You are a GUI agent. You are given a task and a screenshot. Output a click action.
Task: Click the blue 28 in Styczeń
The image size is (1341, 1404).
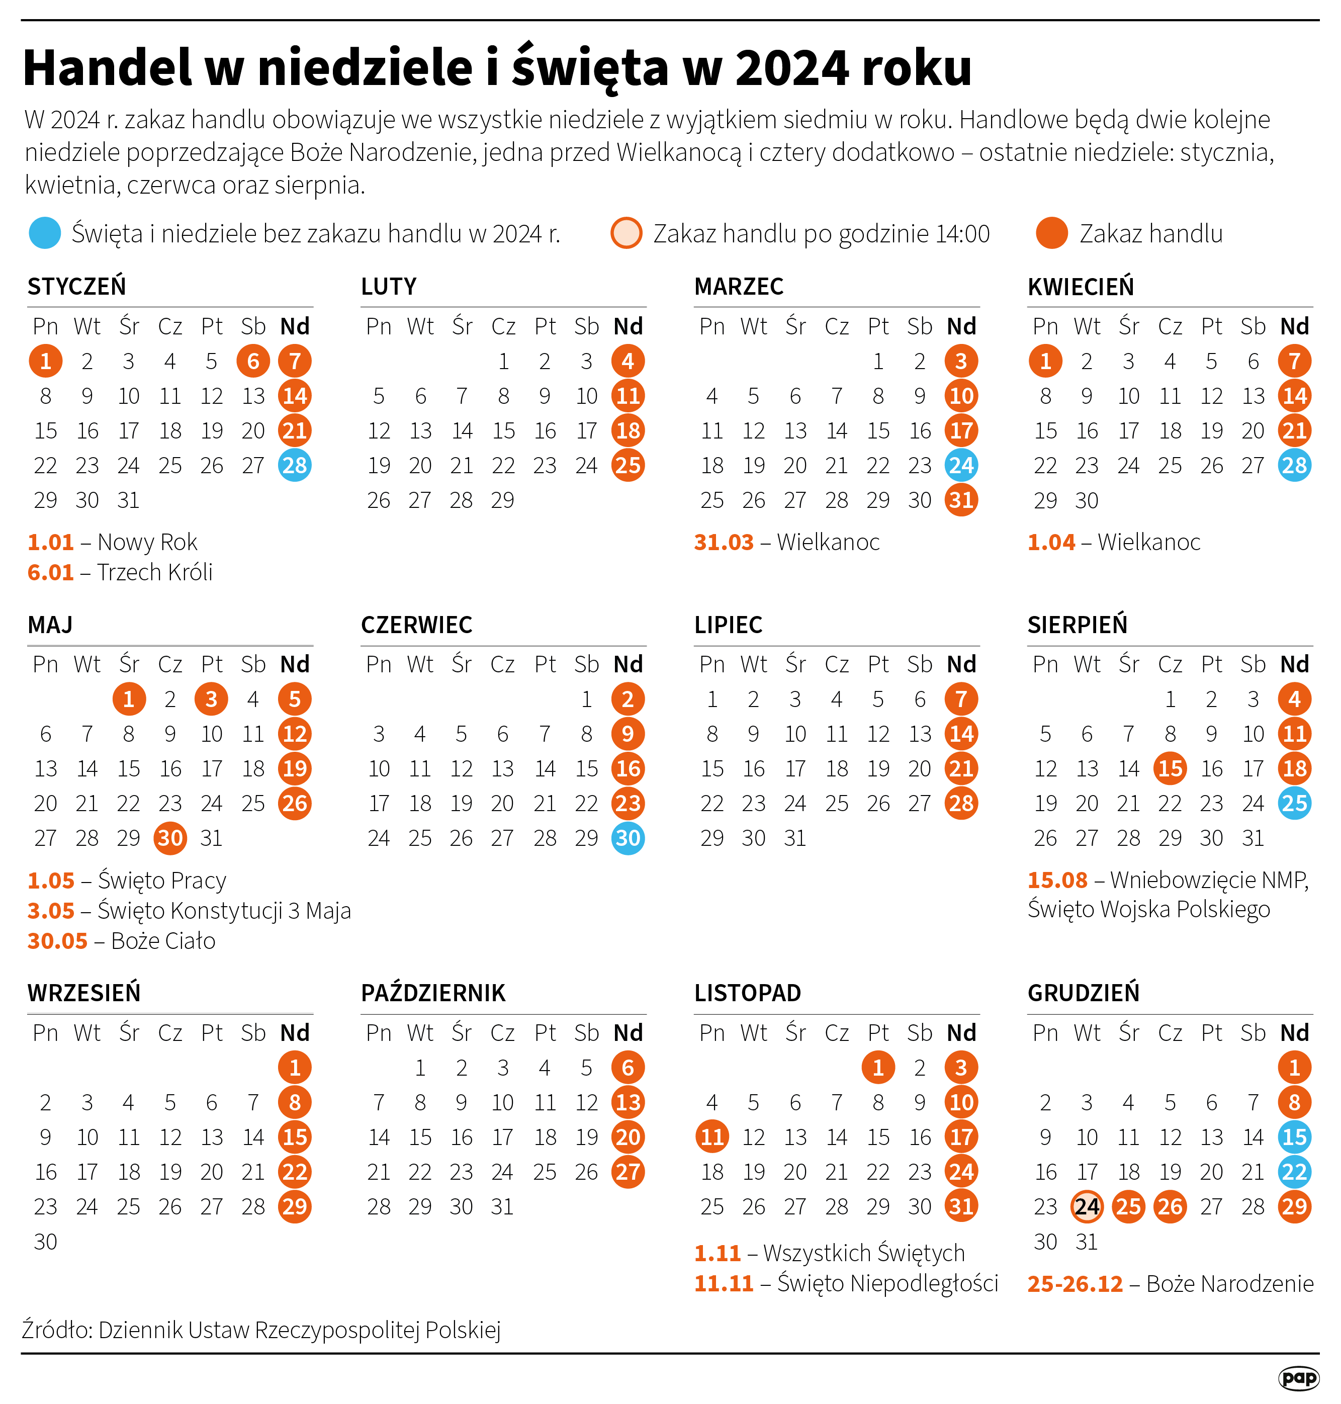tap(295, 465)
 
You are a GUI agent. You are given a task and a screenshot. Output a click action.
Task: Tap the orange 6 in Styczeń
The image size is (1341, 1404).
tap(253, 362)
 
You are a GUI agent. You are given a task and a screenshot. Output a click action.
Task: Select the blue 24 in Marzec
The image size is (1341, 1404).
tap(961, 465)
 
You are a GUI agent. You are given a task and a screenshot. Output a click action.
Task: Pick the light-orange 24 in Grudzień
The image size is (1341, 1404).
tap(1087, 1207)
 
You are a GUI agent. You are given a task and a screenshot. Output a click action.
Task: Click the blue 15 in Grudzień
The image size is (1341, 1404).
tap(1295, 1137)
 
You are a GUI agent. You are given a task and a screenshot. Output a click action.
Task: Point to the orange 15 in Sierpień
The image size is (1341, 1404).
tap(1170, 768)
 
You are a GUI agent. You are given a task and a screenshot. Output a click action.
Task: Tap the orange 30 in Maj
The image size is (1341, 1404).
tap(170, 838)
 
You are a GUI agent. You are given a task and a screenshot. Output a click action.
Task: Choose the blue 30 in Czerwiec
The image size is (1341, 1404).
tap(628, 838)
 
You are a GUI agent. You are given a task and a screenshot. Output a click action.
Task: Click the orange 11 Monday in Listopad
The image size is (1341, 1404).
tap(712, 1137)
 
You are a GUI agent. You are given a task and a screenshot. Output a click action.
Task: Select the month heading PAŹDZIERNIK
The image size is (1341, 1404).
tap(433, 993)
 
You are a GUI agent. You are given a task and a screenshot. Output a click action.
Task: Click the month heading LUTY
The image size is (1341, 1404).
tap(388, 287)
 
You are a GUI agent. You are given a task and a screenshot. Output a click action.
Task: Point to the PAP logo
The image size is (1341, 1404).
tap(1298, 1377)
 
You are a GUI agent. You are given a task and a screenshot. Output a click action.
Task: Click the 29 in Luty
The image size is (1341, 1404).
tap(502, 500)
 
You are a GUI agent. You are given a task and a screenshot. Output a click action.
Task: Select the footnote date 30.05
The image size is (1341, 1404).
tap(57, 941)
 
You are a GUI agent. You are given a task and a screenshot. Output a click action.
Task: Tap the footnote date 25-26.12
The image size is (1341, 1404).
tap(1075, 1284)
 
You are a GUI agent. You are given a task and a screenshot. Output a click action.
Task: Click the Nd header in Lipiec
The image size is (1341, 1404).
tap(961, 665)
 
